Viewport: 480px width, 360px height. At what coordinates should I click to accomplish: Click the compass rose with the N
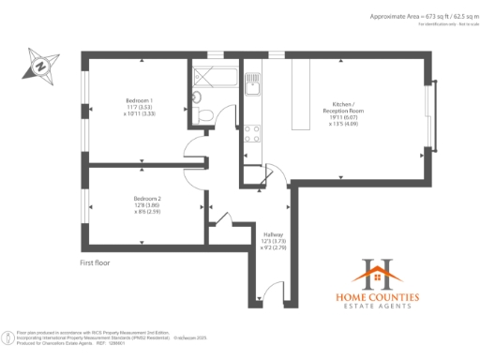pyautogui.click(x=40, y=66)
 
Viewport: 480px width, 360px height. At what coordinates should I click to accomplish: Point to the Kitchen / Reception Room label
pyautogui.click(x=342, y=112)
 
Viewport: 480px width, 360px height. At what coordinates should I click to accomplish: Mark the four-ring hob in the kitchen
pyautogui.click(x=251, y=133)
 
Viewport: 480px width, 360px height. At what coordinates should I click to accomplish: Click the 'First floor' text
pyautogui.click(x=95, y=263)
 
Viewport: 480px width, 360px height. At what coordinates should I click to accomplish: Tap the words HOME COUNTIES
pyautogui.click(x=378, y=297)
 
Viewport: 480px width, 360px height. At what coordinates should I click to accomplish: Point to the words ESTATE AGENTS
pyautogui.click(x=378, y=308)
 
